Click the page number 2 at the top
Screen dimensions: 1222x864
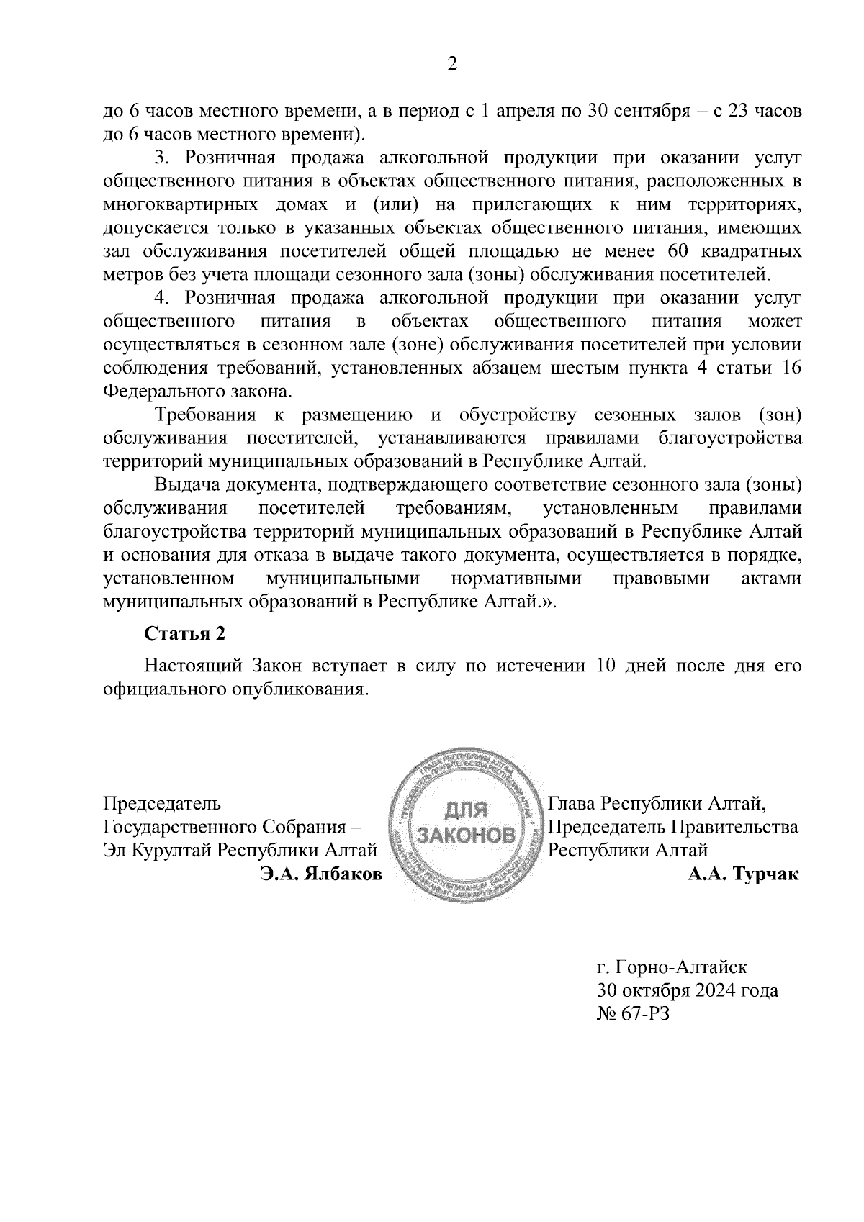coord(452,65)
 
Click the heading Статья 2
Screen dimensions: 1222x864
coord(185,633)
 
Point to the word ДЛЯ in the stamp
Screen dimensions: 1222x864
coord(467,810)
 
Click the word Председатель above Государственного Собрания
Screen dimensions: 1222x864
coord(163,802)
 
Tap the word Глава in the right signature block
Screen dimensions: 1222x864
coord(572,802)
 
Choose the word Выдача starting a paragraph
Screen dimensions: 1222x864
coord(186,484)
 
